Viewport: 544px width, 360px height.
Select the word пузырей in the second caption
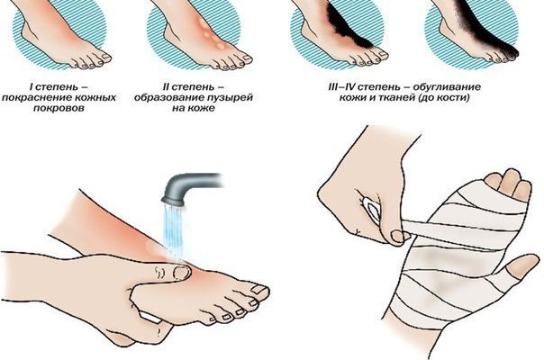point(230,97)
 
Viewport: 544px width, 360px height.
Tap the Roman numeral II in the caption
point(167,86)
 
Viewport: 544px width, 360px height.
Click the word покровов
point(59,108)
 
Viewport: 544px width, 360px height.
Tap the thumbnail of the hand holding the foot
point(181,274)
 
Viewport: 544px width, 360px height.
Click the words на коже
point(194,108)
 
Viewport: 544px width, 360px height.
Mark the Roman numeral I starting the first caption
point(31,86)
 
